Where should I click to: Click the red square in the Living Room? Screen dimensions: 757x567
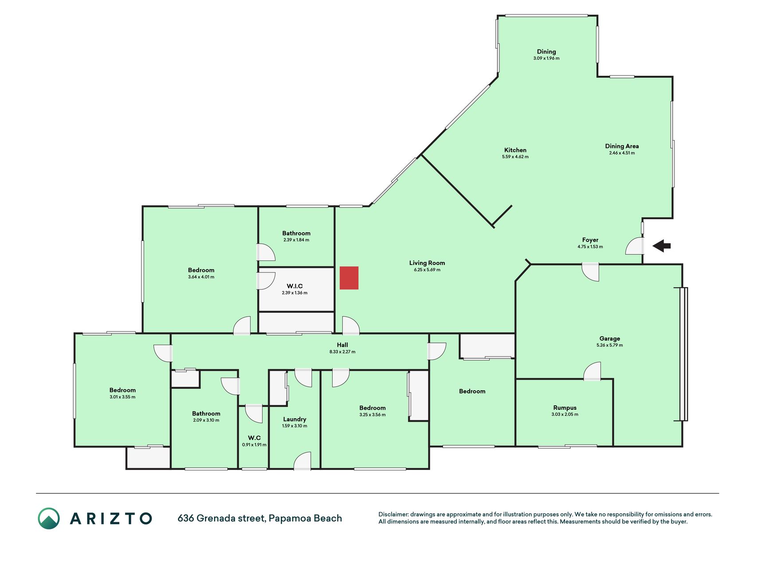tap(349, 278)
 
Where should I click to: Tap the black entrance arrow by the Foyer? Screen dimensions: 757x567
tap(661, 245)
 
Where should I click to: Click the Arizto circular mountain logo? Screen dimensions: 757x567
tap(49, 518)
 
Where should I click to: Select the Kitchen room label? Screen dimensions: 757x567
tap(515, 150)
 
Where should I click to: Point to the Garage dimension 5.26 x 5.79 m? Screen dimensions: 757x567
tap(610, 345)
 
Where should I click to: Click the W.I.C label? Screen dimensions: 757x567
tap(294, 286)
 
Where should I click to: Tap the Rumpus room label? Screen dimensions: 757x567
tap(565, 408)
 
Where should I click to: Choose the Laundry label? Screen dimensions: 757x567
tap(294, 419)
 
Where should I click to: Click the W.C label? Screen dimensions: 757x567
tap(254, 438)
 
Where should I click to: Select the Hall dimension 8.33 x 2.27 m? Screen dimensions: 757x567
tap(342, 352)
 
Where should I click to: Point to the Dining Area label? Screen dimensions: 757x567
tap(622, 146)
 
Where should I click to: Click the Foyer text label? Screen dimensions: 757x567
tap(590, 240)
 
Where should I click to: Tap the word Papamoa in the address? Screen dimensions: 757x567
tap(290, 518)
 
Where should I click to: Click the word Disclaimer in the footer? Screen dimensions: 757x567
tap(393, 514)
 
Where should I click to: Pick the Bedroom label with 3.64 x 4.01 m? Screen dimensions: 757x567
tap(201, 270)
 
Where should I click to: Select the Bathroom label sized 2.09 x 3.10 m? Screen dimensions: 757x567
tap(206, 414)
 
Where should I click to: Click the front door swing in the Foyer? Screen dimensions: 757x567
tap(635, 246)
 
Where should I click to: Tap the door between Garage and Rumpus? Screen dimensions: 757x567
tap(592, 371)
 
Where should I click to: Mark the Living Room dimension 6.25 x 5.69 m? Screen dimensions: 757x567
tap(427, 270)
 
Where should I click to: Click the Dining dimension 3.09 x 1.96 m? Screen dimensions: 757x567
tap(546, 58)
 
